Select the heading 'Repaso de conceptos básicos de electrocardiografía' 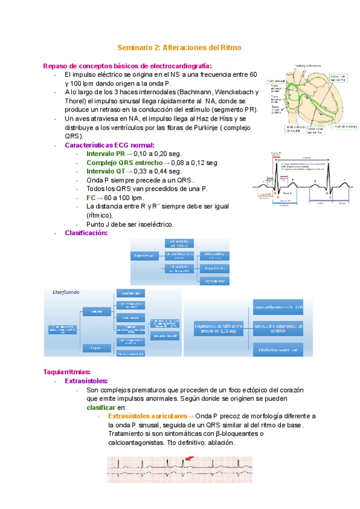(127, 65)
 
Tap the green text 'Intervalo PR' (106, 154)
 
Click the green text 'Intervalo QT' (106, 171)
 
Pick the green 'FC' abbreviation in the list (91, 197)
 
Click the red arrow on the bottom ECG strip (190, 459)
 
